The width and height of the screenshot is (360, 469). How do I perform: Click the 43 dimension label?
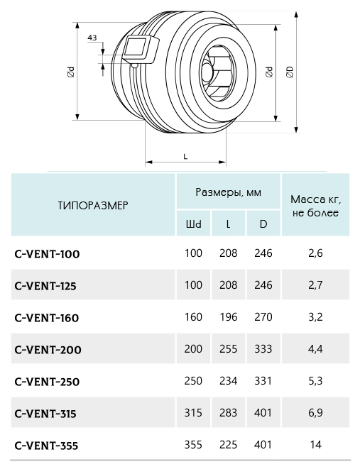click(x=92, y=38)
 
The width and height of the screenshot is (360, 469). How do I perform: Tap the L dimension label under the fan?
click(x=185, y=156)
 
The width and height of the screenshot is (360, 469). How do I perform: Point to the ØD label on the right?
click(x=290, y=72)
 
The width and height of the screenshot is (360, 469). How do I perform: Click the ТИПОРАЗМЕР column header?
click(x=93, y=206)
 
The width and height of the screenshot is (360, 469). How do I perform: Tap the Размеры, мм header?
click(x=229, y=192)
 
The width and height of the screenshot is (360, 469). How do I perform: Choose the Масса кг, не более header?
click(x=316, y=206)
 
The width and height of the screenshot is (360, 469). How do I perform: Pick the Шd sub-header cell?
click(x=194, y=224)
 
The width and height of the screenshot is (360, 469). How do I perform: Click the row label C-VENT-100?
click(x=47, y=254)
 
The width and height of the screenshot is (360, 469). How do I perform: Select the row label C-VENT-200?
click(x=48, y=350)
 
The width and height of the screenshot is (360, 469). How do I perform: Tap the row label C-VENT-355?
click(x=46, y=446)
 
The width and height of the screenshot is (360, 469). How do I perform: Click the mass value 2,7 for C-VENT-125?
click(x=316, y=285)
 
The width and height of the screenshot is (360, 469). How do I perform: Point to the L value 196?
click(x=229, y=317)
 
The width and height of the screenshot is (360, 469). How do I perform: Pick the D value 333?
click(x=263, y=349)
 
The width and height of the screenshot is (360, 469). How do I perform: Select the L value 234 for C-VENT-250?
click(x=229, y=381)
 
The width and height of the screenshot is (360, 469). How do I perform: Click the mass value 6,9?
click(x=316, y=413)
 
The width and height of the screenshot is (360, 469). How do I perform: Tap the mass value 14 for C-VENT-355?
click(x=316, y=445)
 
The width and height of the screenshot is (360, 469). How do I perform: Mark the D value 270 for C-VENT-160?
click(x=263, y=317)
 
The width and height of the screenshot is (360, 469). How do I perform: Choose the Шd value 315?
click(x=193, y=413)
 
